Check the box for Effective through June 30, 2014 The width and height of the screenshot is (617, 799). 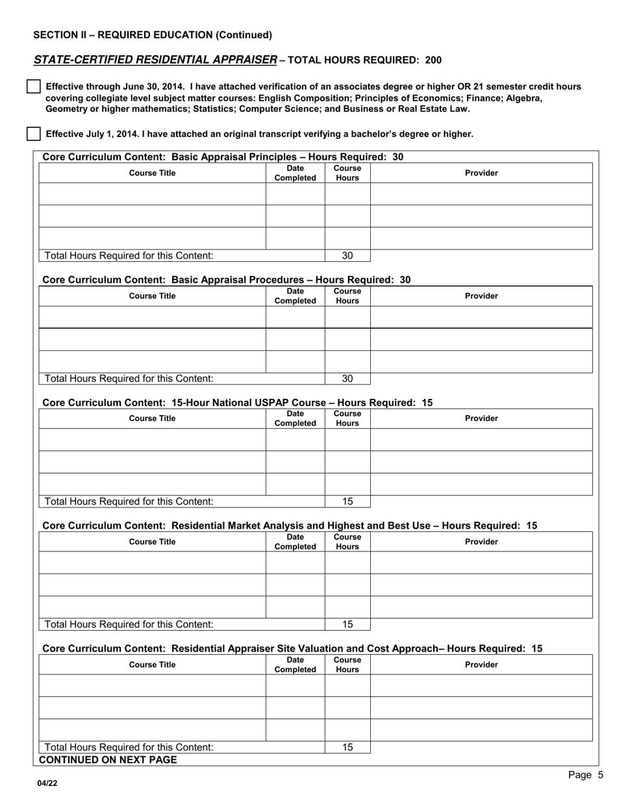pos(33,87)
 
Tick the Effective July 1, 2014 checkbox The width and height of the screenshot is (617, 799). pos(33,134)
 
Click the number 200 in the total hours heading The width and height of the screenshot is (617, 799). pos(433,60)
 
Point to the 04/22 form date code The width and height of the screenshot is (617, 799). pos(47,783)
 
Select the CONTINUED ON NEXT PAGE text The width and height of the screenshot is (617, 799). pos(108,760)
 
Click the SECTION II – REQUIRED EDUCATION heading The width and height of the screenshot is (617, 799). pos(153,35)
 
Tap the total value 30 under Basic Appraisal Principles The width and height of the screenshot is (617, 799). pos(347,256)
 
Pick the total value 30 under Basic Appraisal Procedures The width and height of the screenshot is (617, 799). pos(347,379)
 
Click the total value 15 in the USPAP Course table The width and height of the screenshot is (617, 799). pos(347,501)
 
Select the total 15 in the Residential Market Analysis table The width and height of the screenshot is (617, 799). pos(347,624)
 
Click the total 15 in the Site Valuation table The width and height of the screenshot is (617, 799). pos(347,748)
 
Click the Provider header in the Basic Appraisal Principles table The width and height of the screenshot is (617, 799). pos(481,173)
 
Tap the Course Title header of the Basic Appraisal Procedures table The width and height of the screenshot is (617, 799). pos(153,296)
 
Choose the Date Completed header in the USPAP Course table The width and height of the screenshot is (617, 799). pos(295,418)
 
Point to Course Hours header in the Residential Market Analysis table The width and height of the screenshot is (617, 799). pos(347,542)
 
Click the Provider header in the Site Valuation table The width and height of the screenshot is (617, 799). pos(481,665)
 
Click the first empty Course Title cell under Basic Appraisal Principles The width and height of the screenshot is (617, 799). pos(153,194)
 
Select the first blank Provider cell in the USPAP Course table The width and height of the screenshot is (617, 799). pos(481,440)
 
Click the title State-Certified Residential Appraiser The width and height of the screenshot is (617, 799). pos(155,60)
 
